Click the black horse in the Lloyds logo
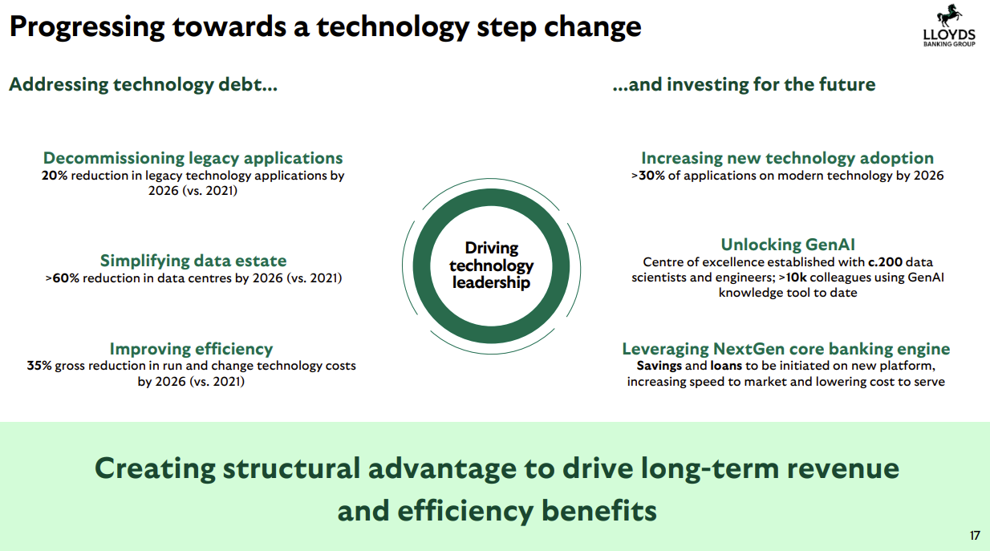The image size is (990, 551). click(x=949, y=16)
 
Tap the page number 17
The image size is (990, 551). click(x=975, y=536)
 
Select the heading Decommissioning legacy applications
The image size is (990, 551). click(x=193, y=158)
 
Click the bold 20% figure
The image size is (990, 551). click(x=55, y=176)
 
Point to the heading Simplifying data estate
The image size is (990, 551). click(x=193, y=261)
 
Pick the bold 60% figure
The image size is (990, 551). click(x=66, y=278)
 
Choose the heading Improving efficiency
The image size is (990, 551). click(x=191, y=349)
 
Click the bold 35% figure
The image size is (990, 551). click(x=39, y=366)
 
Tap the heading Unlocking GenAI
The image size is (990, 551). click(x=788, y=245)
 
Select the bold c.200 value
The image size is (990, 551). click(x=885, y=262)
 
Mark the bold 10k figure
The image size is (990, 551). click(x=796, y=278)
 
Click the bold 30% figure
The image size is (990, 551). click(x=652, y=176)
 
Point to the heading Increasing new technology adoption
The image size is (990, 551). click(x=787, y=158)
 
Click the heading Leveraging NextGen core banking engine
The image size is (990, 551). click(x=785, y=349)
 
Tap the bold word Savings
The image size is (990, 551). click(x=659, y=366)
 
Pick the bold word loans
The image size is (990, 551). click(x=726, y=366)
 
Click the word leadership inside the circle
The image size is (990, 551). click(x=491, y=283)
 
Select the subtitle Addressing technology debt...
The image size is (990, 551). click(x=143, y=84)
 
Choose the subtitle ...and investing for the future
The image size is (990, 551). click(x=744, y=84)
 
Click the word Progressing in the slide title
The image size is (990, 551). click(x=87, y=27)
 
